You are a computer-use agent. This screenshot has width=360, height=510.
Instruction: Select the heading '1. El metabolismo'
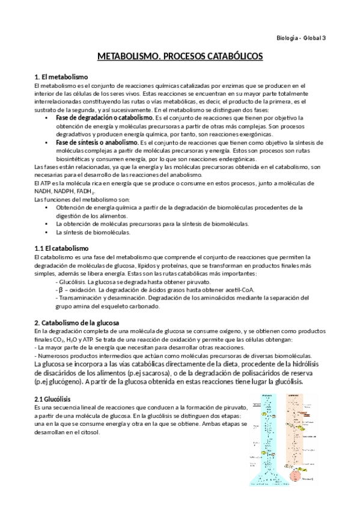tap(62, 77)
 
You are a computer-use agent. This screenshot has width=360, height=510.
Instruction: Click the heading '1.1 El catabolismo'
tap(62, 248)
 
